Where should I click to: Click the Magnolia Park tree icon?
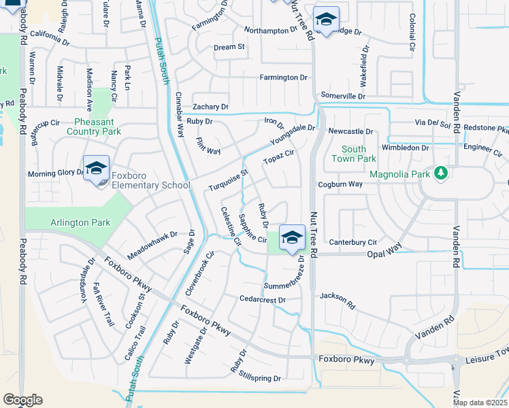(x=441, y=174)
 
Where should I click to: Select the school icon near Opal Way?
(x=292, y=237)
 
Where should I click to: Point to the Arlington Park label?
(x=80, y=222)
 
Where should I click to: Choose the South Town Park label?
(x=354, y=154)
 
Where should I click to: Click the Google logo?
(x=22, y=400)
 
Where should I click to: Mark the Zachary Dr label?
(x=210, y=107)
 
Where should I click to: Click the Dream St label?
(x=229, y=47)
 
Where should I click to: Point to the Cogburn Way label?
(x=340, y=184)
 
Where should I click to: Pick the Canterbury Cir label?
(x=353, y=242)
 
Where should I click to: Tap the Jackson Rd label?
(x=338, y=300)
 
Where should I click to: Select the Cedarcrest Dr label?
(x=261, y=299)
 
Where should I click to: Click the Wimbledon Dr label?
(x=406, y=147)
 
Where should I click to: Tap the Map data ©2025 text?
(x=479, y=402)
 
